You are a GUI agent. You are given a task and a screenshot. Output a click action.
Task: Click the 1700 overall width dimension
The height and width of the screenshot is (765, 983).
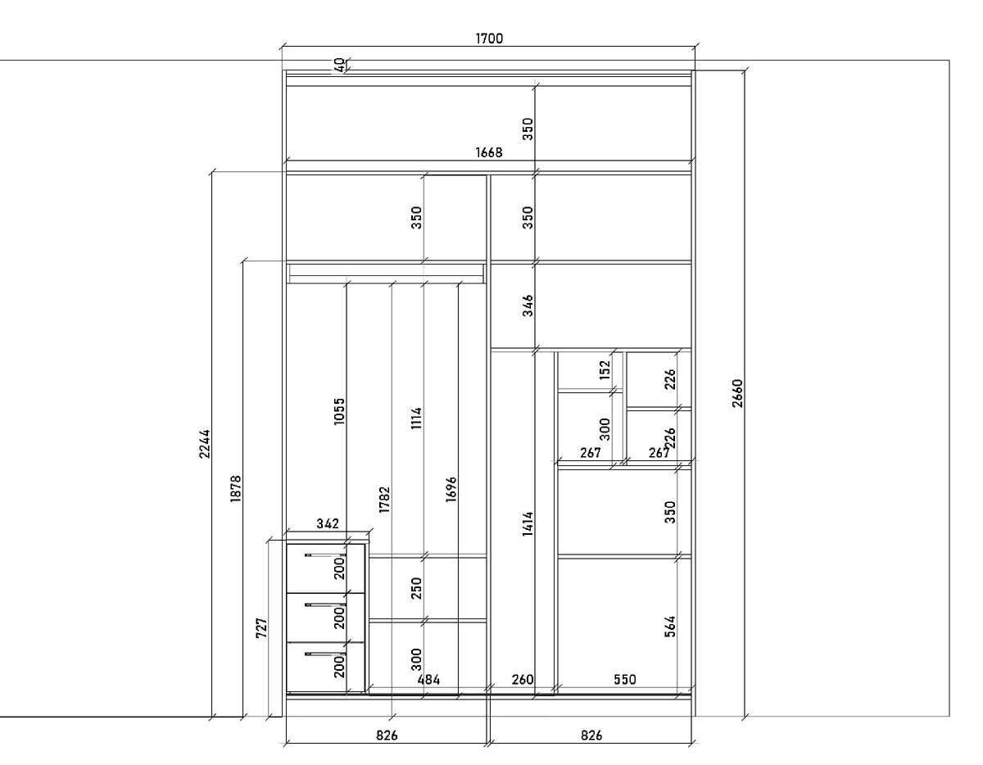click(x=489, y=38)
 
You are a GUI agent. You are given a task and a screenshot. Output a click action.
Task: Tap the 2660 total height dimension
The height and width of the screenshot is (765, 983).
click(x=737, y=393)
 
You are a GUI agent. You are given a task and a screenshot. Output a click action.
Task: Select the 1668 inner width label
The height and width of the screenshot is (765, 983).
click(x=488, y=152)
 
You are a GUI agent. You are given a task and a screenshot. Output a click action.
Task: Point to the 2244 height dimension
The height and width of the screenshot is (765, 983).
click(x=205, y=444)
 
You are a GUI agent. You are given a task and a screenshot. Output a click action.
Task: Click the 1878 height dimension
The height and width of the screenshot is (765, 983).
click(x=236, y=488)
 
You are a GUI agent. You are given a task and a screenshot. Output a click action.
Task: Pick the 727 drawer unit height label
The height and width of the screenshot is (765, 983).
click(x=262, y=628)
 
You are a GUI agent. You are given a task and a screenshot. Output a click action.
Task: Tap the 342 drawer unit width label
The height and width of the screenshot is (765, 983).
click(x=328, y=523)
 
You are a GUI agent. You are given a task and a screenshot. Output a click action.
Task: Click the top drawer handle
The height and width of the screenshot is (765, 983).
click(x=325, y=555)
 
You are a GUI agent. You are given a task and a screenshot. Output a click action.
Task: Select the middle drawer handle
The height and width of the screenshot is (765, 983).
click(x=325, y=604)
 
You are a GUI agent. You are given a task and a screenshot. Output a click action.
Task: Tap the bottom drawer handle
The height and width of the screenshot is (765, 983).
click(x=325, y=654)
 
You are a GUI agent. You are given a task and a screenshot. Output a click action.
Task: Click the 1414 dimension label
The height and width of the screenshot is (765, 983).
click(x=528, y=524)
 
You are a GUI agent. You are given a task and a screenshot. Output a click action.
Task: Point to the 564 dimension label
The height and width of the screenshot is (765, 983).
click(x=670, y=627)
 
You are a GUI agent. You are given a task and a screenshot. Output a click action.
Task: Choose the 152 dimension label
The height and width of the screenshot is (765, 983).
click(x=605, y=370)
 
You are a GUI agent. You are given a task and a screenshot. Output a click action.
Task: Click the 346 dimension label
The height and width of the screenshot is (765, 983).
click(x=528, y=306)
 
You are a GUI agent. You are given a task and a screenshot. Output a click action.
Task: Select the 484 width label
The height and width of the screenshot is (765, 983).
click(x=428, y=680)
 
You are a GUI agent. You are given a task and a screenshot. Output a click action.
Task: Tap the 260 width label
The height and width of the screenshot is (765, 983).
click(x=523, y=680)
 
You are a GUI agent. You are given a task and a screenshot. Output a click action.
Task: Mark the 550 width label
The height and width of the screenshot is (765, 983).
click(x=625, y=679)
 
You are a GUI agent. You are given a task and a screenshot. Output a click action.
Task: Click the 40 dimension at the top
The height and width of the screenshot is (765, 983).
click(x=341, y=65)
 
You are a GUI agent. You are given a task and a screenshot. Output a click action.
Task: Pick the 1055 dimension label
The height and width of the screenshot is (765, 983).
click(x=339, y=411)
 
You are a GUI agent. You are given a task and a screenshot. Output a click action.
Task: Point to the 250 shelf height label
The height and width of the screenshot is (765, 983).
click(x=417, y=588)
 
